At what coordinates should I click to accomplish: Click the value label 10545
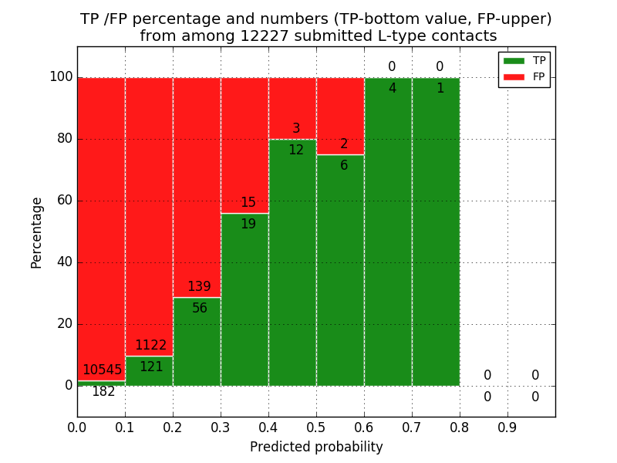pyautogui.click(x=103, y=370)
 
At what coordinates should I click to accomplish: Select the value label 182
pyautogui.click(x=103, y=392)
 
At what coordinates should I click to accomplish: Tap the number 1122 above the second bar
pyautogui.click(x=151, y=346)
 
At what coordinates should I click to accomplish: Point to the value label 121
pyautogui.click(x=151, y=367)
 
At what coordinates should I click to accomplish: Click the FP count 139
pyautogui.click(x=199, y=287)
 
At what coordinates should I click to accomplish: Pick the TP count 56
pyautogui.click(x=199, y=309)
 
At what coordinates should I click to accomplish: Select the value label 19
pyautogui.click(x=248, y=225)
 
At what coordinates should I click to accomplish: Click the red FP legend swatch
pyautogui.click(x=514, y=76)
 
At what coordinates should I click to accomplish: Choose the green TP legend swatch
pyautogui.click(x=514, y=60)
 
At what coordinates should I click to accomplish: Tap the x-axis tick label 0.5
pyautogui.click(x=316, y=427)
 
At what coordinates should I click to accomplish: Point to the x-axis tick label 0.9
pyautogui.click(x=507, y=427)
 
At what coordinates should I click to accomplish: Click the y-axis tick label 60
pyautogui.click(x=62, y=201)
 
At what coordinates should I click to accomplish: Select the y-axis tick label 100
pyautogui.click(x=60, y=77)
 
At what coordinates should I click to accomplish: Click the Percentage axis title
pyautogui.click(x=37, y=232)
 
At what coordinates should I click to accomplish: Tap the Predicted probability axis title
pyautogui.click(x=316, y=448)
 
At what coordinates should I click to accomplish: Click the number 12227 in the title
pyautogui.click(x=267, y=36)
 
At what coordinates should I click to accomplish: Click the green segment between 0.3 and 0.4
pyautogui.click(x=244, y=309)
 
